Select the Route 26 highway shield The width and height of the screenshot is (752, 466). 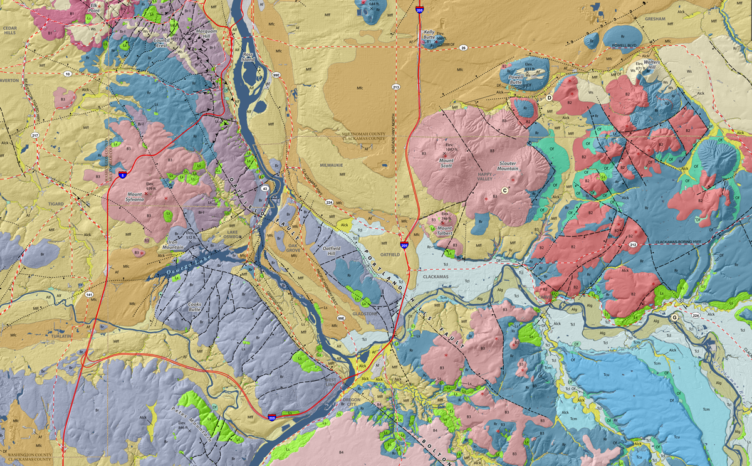point(463,48)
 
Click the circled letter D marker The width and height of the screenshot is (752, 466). point(549,98)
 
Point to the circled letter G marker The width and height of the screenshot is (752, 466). point(674,317)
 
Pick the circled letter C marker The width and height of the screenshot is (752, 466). point(504,190)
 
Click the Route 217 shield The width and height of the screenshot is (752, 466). point(35,135)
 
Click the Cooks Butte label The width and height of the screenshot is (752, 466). point(198,307)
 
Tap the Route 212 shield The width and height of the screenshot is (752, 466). point(634,245)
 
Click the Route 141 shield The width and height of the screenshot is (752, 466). point(89,294)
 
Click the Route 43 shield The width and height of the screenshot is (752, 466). point(265,189)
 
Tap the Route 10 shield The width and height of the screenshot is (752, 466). point(68,74)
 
